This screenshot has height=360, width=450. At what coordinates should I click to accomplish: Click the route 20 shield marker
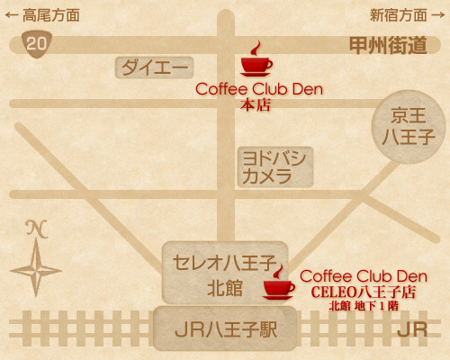click(x=37, y=44)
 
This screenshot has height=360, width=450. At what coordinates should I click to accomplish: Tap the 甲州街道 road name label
click(x=388, y=45)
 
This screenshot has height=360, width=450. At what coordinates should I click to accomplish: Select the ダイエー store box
click(x=154, y=67)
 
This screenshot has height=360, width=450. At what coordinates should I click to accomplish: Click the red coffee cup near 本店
click(x=256, y=59)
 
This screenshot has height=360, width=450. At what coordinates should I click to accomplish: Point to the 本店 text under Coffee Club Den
click(x=256, y=105)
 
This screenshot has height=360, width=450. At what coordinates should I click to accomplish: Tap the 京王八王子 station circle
click(x=409, y=127)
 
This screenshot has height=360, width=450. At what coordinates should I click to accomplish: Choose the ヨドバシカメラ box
click(x=275, y=166)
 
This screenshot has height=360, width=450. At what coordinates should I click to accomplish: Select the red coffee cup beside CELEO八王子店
click(x=279, y=283)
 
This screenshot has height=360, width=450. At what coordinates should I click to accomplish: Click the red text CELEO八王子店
click(x=364, y=292)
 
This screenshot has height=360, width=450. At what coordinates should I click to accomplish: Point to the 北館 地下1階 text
click(x=364, y=306)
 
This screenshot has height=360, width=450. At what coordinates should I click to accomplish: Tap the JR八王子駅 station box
click(x=225, y=328)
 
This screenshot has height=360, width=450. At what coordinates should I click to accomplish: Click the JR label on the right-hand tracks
click(x=412, y=329)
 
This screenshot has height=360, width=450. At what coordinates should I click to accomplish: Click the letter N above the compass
click(x=37, y=229)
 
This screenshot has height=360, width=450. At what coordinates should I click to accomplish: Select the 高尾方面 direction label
click(x=51, y=15)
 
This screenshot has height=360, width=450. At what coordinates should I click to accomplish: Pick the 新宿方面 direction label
click(x=399, y=15)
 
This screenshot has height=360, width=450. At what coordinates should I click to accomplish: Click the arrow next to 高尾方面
click(x=12, y=15)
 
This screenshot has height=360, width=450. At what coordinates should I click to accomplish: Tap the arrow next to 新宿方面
click(x=438, y=15)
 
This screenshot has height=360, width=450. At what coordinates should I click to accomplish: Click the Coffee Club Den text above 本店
click(x=259, y=89)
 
